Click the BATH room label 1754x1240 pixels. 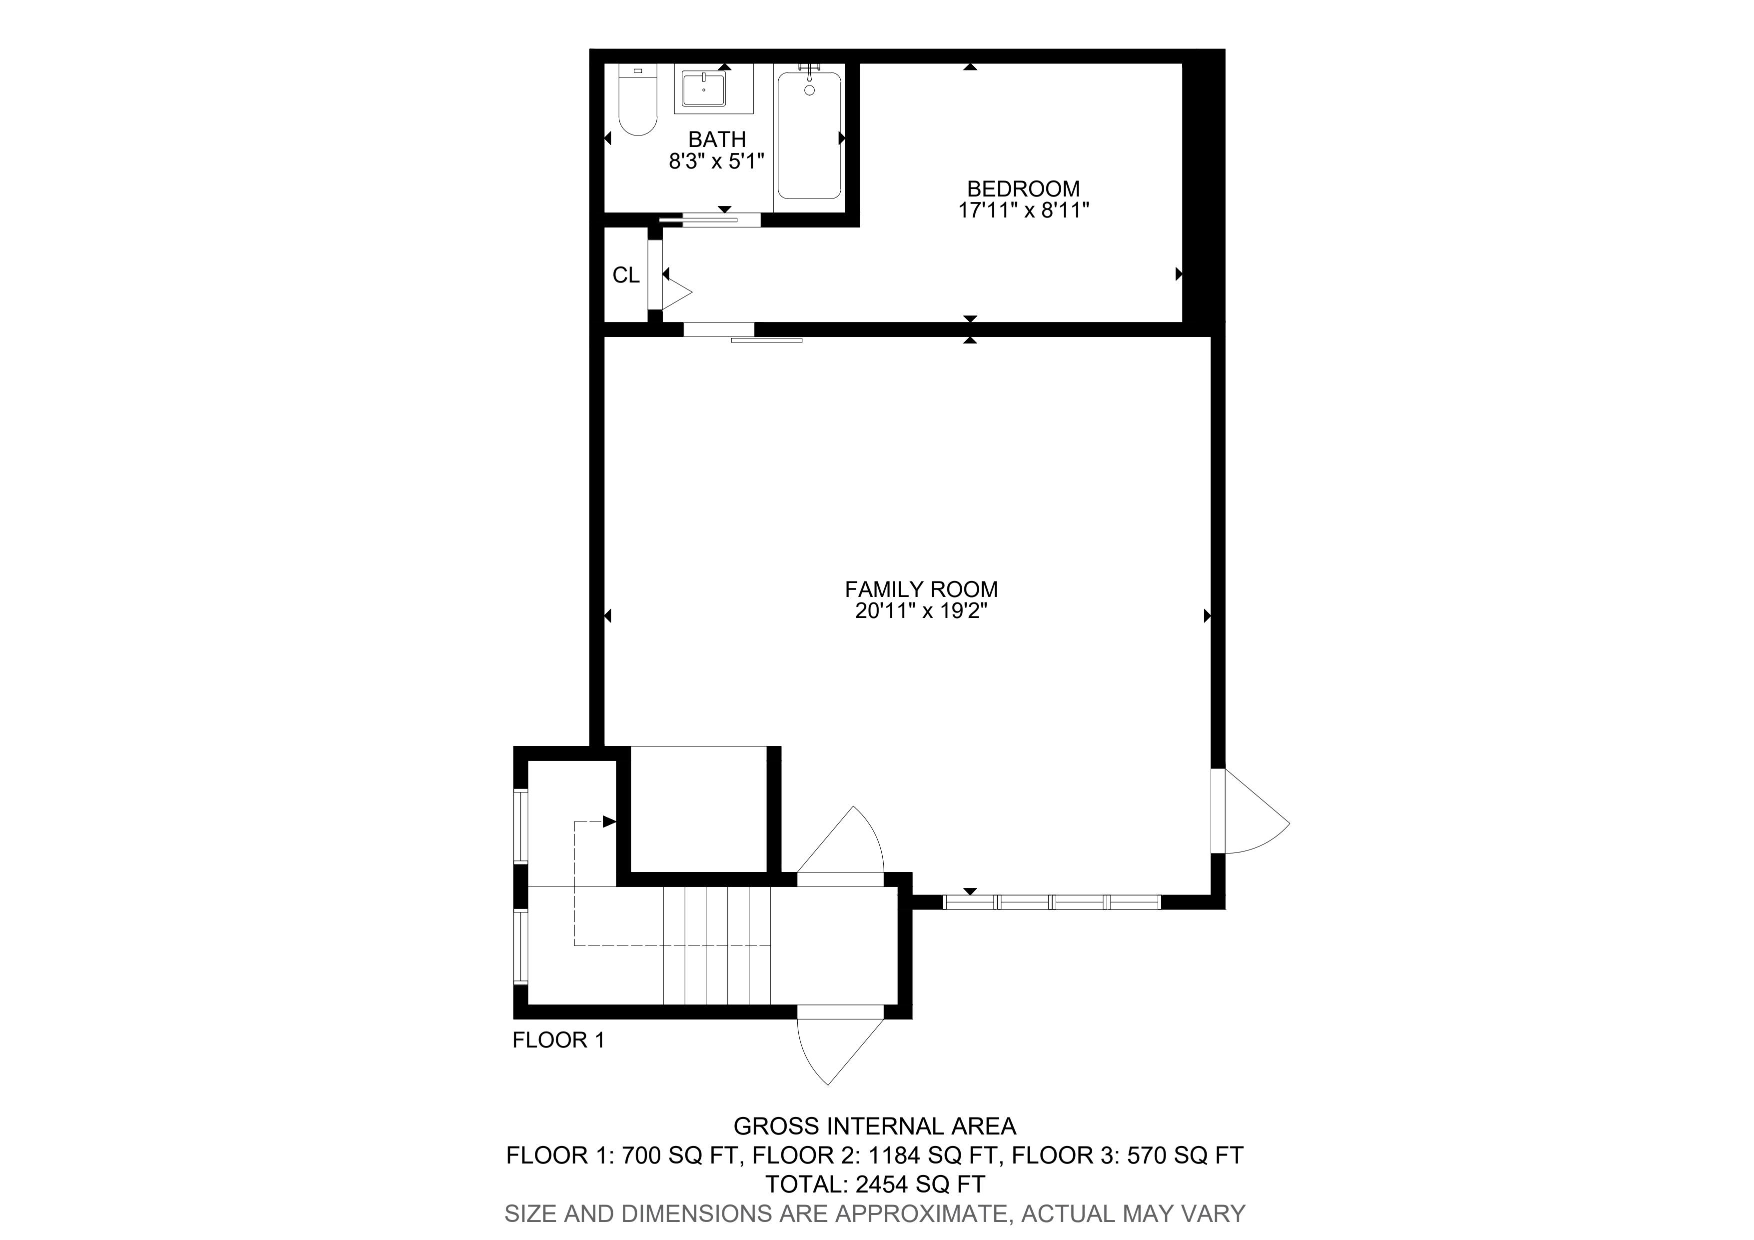[x=717, y=139]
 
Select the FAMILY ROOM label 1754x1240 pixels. [x=921, y=589]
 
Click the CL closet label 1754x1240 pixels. [x=626, y=275]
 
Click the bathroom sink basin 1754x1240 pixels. [x=704, y=89]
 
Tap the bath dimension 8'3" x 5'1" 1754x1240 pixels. [x=717, y=161]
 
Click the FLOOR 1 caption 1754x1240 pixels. [x=558, y=1040]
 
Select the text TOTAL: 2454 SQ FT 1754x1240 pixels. [x=875, y=1184]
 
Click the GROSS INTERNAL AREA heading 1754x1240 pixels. [x=875, y=1126]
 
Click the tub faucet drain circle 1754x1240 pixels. [x=810, y=90]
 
